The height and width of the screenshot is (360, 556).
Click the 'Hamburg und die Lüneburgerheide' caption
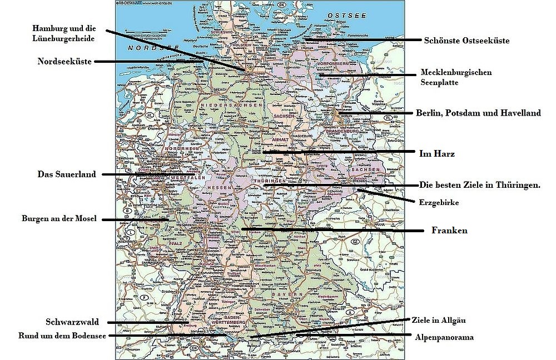pyautogui.click(x=62, y=33)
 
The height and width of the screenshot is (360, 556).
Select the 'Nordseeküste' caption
pyautogui.click(x=64, y=62)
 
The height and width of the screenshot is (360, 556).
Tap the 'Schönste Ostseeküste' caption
pyautogui.click(x=466, y=41)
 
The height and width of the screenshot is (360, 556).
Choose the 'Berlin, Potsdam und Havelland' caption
pyautogui.click(x=478, y=113)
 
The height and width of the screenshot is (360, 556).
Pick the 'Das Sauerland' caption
pyautogui.click(x=67, y=174)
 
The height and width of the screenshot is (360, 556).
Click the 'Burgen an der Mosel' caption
pyautogui.click(x=59, y=219)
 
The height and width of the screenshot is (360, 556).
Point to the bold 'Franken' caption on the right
pyautogui.click(x=449, y=230)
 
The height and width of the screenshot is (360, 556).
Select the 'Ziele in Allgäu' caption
pyautogui.click(x=438, y=321)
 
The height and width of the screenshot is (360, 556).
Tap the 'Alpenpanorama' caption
pyautogui.click(x=444, y=337)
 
